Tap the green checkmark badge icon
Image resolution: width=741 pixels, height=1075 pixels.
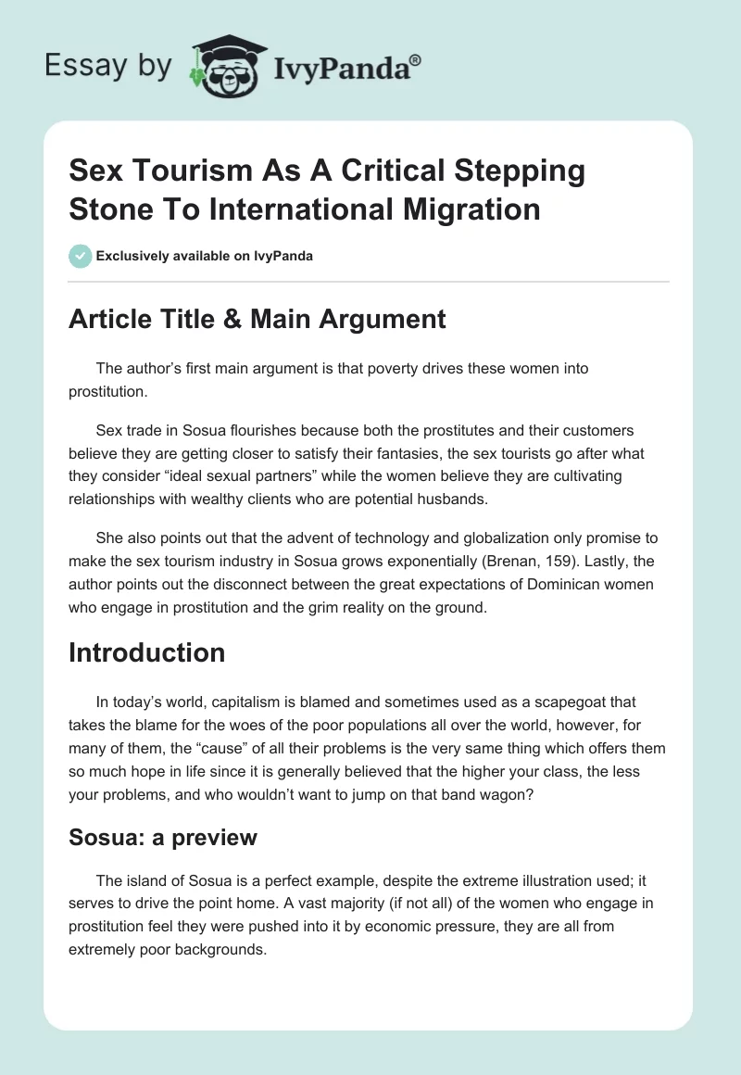(x=81, y=256)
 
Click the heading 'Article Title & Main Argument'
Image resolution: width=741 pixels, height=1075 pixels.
(x=257, y=320)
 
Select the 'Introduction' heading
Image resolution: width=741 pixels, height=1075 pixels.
(x=146, y=652)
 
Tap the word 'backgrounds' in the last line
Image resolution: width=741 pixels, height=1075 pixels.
(x=218, y=950)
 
